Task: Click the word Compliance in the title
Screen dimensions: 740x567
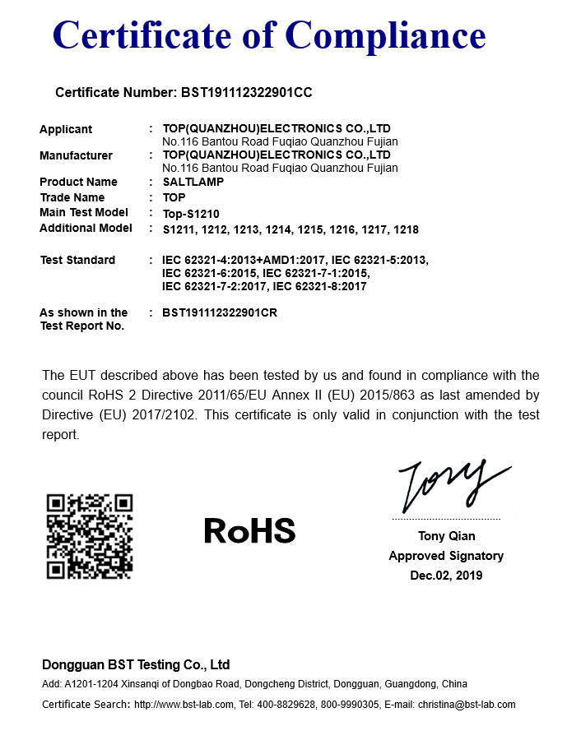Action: pyautogui.click(x=386, y=35)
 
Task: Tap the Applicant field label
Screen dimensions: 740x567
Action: pyautogui.click(x=66, y=129)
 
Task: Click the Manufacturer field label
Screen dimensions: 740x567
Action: pyautogui.click(x=76, y=155)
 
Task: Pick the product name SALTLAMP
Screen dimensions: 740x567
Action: pyautogui.click(x=193, y=182)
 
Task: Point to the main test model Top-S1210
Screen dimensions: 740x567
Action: pyautogui.click(x=191, y=213)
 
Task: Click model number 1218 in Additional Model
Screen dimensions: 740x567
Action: pyautogui.click(x=406, y=229)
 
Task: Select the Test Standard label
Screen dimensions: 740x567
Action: pyautogui.click(x=77, y=260)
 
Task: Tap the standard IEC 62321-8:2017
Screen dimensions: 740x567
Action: pyautogui.click(x=319, y=286)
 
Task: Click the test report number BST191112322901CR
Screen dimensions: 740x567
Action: pyautogui.click(x=220, y=312)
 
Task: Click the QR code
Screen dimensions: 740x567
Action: pyautogui.click(x=90, y=536)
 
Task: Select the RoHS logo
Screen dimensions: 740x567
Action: pyautogui.click(x=249, y=531)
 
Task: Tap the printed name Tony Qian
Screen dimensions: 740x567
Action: pyautogui.click(x=446, y=536)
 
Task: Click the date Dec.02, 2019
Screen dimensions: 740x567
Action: pyautogui.click(x=446, y=576)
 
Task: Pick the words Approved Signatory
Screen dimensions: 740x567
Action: pyautogui.click(x=446, y=556)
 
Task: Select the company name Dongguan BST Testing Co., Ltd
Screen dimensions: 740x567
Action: pyautogui.click(x=136, y=664)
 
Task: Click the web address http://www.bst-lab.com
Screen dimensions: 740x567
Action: pyautogui.click(x=181, y=705)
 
